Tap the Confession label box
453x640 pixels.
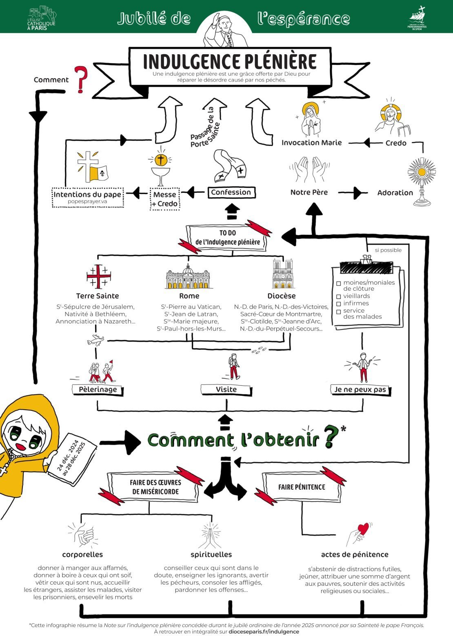click(x=231, y=192)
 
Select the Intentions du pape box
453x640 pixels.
click(x=87, y=197)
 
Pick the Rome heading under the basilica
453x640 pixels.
click(x=189, y=296)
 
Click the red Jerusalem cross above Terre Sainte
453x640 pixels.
click(x=98, y=276)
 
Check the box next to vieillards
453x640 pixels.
click(x=338, y=296)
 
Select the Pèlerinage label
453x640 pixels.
click(x=98, y=390)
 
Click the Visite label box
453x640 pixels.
click(x=226, y=390)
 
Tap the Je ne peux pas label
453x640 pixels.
click(x=360, y=390)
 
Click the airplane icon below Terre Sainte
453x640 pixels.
click(x=96, y=340)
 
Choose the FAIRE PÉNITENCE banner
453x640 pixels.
click(x=302, y=487)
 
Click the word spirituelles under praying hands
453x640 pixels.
click(x=211, y=554)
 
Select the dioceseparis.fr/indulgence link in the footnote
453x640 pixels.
click(x=264, y=631)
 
